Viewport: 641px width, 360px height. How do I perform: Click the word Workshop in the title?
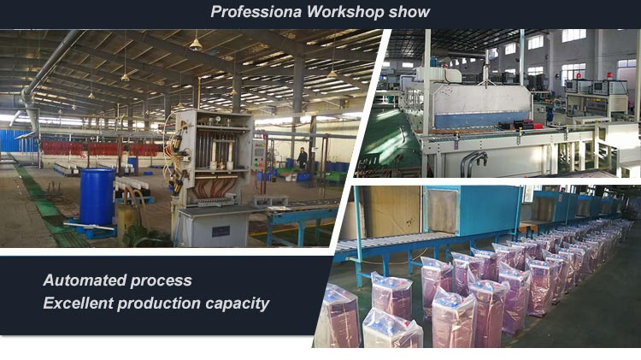[345, 12]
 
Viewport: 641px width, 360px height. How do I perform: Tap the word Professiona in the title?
[256, 12]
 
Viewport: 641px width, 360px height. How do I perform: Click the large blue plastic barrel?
[97, 198]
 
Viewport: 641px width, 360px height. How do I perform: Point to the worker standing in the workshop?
[302, 158]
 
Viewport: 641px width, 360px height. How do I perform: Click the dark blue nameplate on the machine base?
[221, 232]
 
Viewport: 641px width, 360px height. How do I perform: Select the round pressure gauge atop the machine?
[218, 119]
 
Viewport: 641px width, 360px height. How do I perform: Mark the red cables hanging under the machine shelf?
[215, 188]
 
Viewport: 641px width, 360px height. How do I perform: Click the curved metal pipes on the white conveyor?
[473, 161]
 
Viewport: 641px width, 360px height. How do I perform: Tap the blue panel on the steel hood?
[483, 120]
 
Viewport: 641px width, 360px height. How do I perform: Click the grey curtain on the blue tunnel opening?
[442, 210]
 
